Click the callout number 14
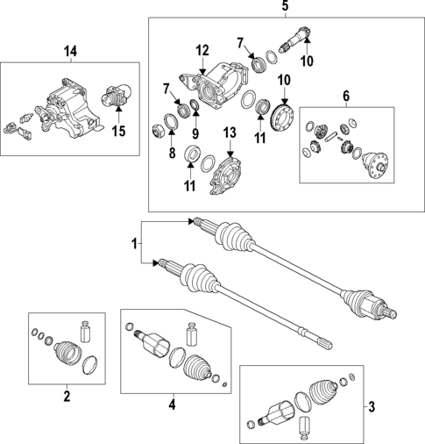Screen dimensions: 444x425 [70, 52]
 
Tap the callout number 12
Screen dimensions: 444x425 [202, 50]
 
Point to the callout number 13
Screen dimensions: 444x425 [230, 132]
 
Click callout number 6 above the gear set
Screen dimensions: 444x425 [345, 96]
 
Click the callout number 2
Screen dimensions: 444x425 [66, 397]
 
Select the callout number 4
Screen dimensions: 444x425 [173, 405]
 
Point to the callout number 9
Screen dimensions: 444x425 [195, 134]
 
